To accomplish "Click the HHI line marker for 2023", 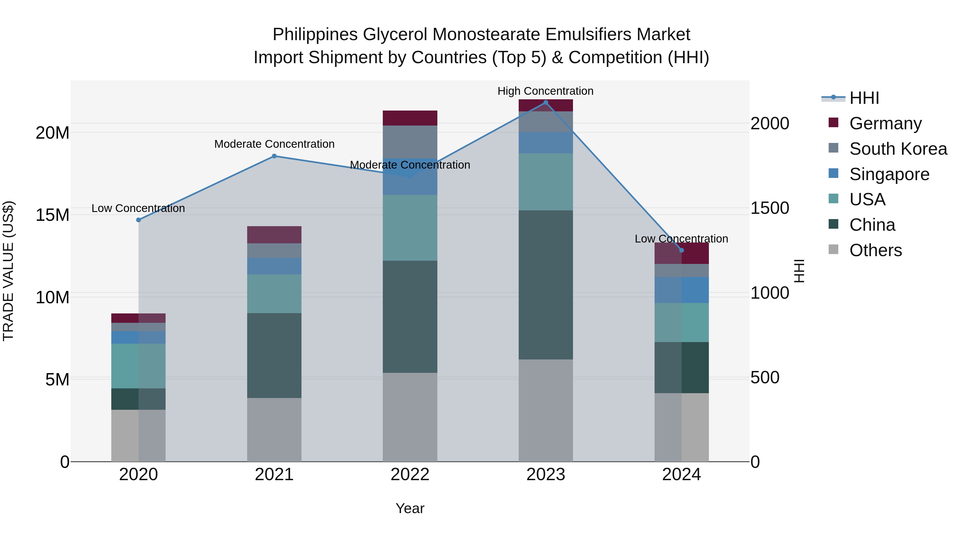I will pyautogui.click(x=545, y=103).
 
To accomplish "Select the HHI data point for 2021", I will pyautogui.click(x=274, y=156).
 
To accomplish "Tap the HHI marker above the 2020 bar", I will pyautogui.click(x=138, y=220).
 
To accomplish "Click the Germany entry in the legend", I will pyautogui.click(x=885, y=123).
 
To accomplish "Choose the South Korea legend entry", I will pyautogui.click(x=898, y=149).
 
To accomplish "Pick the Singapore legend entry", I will pyautogui.click(x=889, y=174).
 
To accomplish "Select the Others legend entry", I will pyautogui.click(x=875, y=250).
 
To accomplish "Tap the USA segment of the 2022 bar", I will pyautogui.click(x=410, y=228).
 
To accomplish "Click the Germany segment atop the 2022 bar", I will pyautogui.click(x=410, y=118).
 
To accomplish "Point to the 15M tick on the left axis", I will pyautogui.click(x=52, y=215).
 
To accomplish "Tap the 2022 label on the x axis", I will pyautogui.click(x=410, y=475).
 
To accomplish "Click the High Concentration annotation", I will pyautogui.click(x=545, y=91).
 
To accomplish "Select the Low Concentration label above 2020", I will pyautogui.click(x=138, y=208).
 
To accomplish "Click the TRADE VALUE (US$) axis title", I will pyautogui.click(x=8, y=271).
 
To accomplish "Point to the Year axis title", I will pyautogui.click(x=410, y=508).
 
